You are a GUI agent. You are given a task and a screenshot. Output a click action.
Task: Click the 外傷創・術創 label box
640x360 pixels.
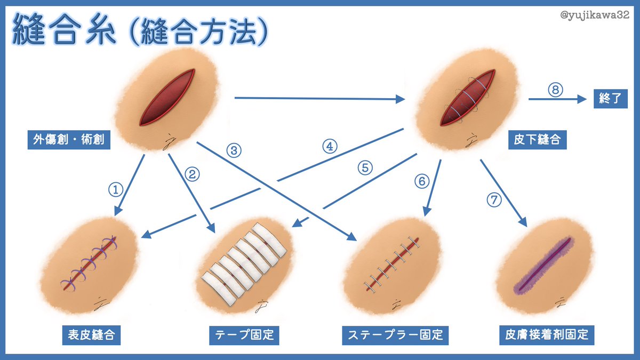pos(69,140)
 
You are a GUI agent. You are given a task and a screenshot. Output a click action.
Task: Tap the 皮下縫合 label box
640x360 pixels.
pos(537,140)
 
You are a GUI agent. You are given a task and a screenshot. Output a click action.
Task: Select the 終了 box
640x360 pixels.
pos(610,99)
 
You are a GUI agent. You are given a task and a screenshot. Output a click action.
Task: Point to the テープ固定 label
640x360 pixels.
pos(244,335)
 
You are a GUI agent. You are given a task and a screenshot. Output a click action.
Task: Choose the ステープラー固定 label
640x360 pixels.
pos(395,335)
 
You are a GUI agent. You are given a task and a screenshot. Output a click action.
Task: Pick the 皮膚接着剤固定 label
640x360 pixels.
pos(546,335)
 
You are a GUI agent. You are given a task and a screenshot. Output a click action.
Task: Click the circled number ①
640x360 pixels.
pos(116,189)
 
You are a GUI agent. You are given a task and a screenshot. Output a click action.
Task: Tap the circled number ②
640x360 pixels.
pos(193,173)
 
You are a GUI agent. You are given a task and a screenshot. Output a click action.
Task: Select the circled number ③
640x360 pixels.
pos(234,150)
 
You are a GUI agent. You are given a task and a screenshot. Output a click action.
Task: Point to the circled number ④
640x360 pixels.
pos(330,147)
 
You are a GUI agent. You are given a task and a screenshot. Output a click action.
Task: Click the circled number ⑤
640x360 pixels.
pos(365,167)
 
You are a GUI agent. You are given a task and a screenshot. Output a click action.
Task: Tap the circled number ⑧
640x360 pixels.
pos(555,90)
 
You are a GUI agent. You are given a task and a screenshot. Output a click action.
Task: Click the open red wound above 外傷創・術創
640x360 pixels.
pos(166,98)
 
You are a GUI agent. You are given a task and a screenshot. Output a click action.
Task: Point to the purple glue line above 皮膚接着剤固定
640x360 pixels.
pos(543,265)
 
